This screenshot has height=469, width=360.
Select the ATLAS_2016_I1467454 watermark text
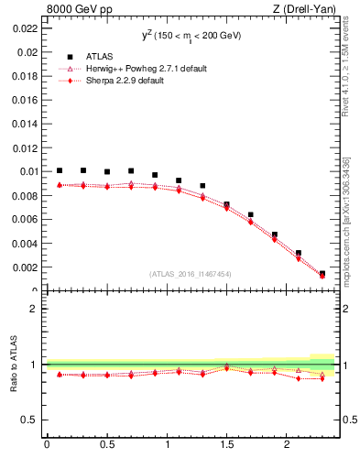click(x=191, y=274)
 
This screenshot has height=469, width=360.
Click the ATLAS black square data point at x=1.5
click(x=226, y=204)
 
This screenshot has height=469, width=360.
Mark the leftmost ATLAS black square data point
click(x=60, y=170)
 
